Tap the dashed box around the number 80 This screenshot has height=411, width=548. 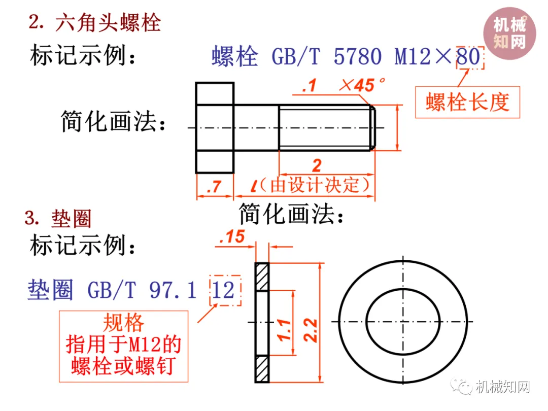click(x=470, y=57)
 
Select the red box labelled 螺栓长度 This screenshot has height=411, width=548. click(x=467, y=102)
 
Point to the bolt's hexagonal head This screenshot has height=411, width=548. click(x=215, y=127)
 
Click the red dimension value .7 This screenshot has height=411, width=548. click(x=215, y=187)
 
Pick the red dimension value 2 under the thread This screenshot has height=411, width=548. click(x=317, y=165)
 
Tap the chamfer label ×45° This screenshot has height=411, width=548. click(x=363, y=86)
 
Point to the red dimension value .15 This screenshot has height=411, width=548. click(x=232, y=237)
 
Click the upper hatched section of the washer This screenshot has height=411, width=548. click(x=261, y=278)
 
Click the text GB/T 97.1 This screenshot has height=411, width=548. click(x=142, y=290)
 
